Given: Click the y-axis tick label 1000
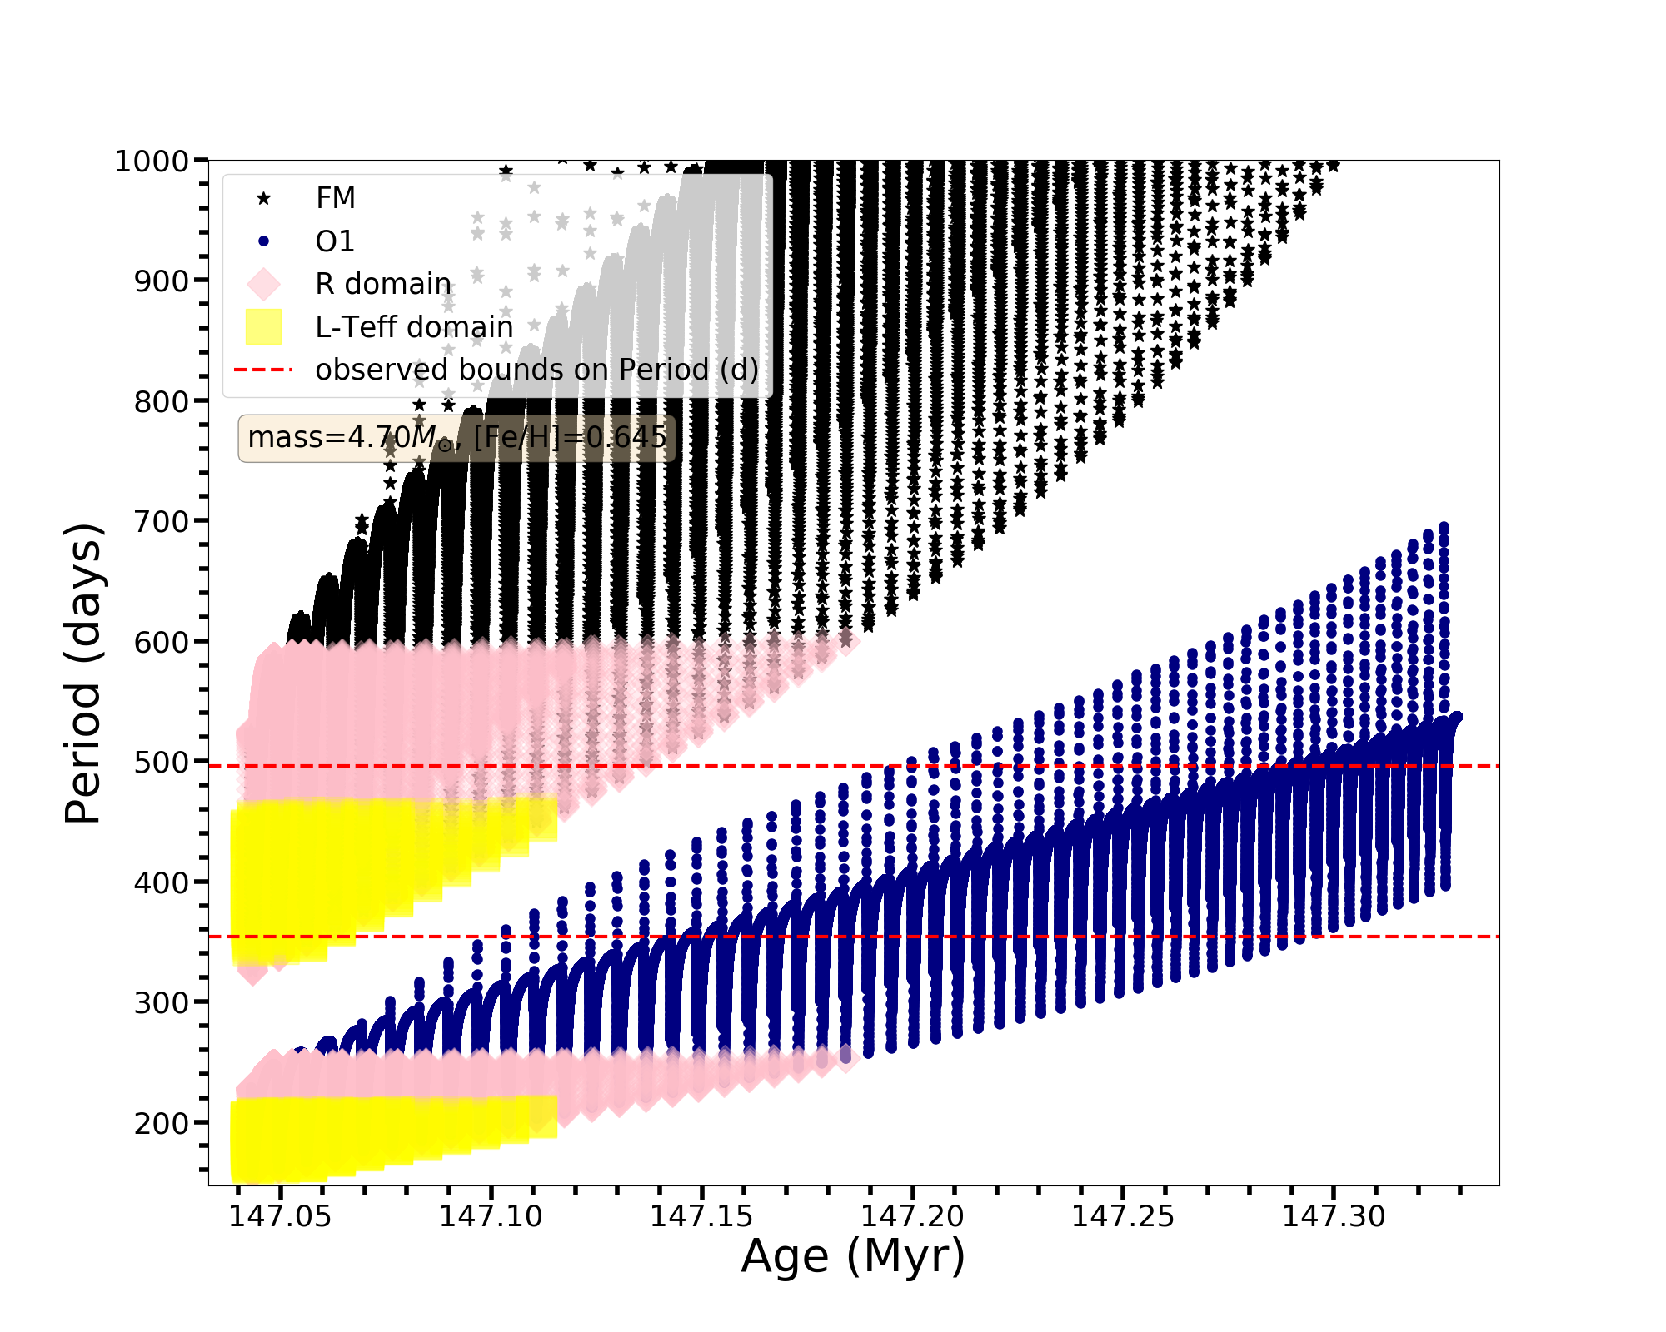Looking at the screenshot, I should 152,161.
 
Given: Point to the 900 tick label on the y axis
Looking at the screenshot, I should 162,281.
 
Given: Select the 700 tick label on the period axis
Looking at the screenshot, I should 162,522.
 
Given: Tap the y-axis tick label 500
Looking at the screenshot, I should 162,763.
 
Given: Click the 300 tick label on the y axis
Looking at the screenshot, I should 162,1003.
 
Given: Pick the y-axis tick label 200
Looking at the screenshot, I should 162,1124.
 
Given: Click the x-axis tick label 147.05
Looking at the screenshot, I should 280,1217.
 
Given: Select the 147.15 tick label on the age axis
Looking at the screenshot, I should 701,1217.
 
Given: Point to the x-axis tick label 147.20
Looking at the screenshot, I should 912,1217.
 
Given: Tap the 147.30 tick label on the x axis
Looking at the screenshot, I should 1333,1217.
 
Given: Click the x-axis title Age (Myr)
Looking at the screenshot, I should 853,1256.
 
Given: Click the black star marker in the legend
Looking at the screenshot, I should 263,198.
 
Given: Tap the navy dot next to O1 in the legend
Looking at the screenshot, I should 263,241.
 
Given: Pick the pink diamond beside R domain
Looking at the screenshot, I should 263,284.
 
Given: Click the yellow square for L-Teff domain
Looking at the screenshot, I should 263,326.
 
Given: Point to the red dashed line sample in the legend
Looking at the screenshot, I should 263,370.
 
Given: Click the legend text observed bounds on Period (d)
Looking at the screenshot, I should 536,370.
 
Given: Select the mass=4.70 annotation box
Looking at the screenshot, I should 456,437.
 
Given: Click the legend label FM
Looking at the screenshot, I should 335,198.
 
